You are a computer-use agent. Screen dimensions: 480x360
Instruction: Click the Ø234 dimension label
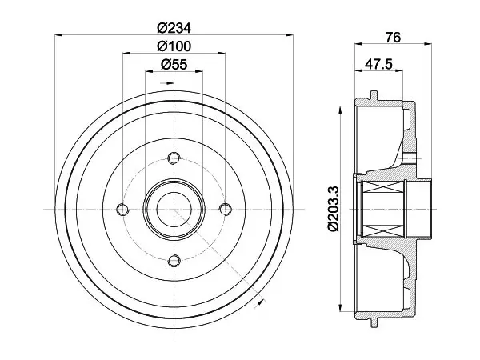click(x=174, y=28)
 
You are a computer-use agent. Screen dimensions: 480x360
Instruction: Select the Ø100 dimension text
click(x=174, y=46)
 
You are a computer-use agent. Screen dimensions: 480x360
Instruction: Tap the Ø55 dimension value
click(x=174, y=64)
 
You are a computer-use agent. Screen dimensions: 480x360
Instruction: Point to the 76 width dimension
click(x=393, y=38)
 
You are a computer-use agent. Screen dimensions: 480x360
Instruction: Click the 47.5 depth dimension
click(x=378, y=64)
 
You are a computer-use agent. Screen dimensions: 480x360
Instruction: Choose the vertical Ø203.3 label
click(x=333, y=209)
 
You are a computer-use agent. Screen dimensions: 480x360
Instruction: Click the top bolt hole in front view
click(x=174, y=158)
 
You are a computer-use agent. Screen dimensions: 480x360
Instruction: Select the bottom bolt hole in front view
click(x=174, y=261)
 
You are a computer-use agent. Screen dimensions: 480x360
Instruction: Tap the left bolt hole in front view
click(x=122, y=210)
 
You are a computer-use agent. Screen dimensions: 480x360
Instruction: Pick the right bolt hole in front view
click(x=225, y=210)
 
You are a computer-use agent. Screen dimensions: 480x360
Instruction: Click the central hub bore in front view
click(x=174, y=210)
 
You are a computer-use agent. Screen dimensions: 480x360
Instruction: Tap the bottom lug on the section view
click(x=374, y=323)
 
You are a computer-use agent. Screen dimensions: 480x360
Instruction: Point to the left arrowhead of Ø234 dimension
click(x=58, y=35)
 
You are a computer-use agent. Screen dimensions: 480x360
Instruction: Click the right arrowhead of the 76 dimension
click(x=428, y=44)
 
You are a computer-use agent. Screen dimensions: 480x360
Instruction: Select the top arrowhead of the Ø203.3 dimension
click(x=341, y=110)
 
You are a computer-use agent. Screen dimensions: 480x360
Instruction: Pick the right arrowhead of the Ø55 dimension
click(x=199, y=71)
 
